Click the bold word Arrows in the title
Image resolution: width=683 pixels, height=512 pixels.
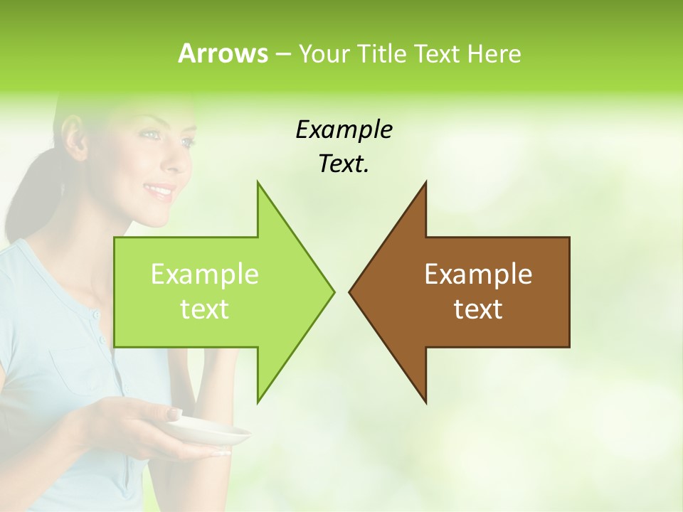click(x=223, y=54)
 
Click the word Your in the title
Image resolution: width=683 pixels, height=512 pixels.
click(x=326, y=54)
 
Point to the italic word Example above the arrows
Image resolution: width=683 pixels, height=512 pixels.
click(x=344, y=130)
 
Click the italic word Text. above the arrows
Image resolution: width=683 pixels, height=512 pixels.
click(x=344, y=164)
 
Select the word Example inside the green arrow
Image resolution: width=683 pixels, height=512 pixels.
click(x=204, y=274)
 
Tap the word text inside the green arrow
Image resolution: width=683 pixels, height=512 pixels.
click(x=204, y=309)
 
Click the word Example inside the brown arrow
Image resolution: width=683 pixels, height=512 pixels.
click(x=478, y=274)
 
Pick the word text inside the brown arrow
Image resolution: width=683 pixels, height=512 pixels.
click(x=478, y=309)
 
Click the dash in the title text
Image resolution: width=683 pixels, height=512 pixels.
click(x=282, y=55)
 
